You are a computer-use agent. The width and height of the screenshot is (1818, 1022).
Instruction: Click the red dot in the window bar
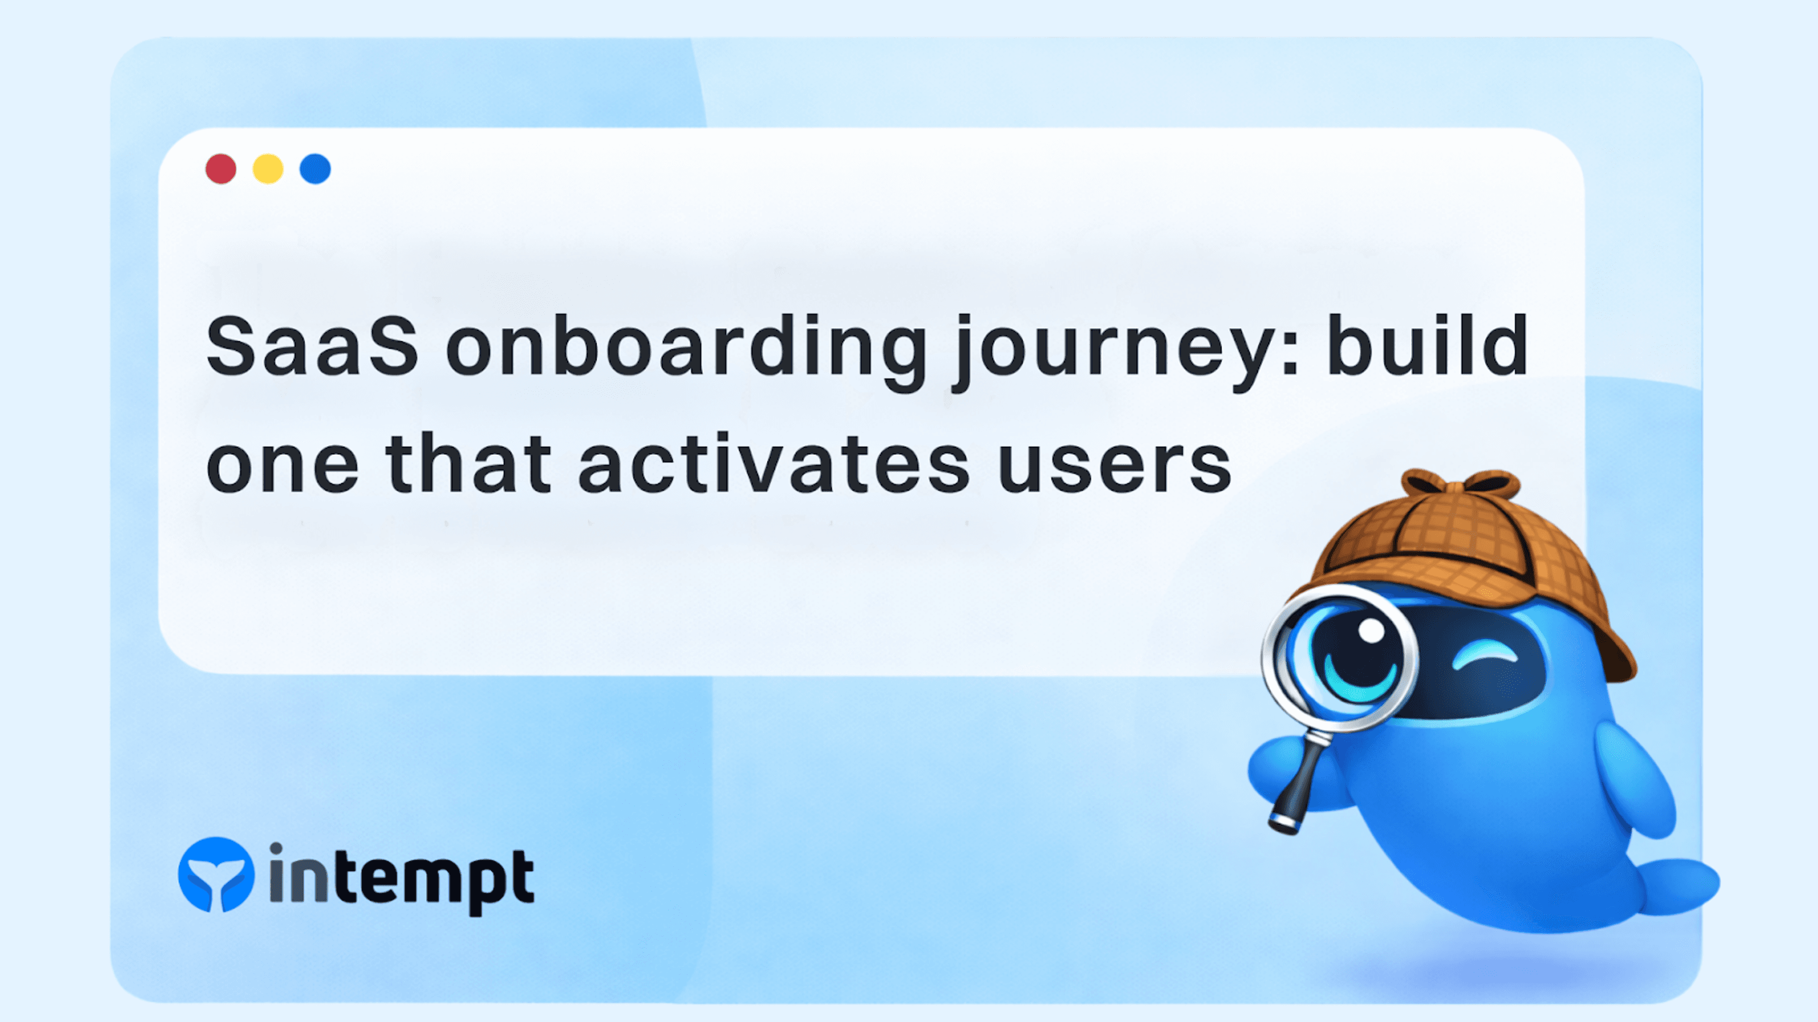pyautogui.click(x=221, y=169)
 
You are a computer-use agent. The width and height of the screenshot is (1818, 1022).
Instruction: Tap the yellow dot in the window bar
pyautogui.click(x=268, y=169)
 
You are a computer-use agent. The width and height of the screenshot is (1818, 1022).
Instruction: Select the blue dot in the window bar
pyautogui.click(x=315, y=169)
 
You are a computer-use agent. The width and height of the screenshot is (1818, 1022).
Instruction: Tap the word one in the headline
pyautogui.click(x=282, y=466)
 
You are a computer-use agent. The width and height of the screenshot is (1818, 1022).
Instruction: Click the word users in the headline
pyautogui.click(x=1115, y=466)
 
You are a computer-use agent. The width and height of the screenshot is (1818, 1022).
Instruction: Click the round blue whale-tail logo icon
pyautogui.click(x=216, y=874)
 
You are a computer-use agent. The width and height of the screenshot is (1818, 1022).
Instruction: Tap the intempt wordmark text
pyautogui.click(x=402, y=878)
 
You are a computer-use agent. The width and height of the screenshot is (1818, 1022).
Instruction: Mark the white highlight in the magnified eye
pyautogui.click(x=1371, y=630)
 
